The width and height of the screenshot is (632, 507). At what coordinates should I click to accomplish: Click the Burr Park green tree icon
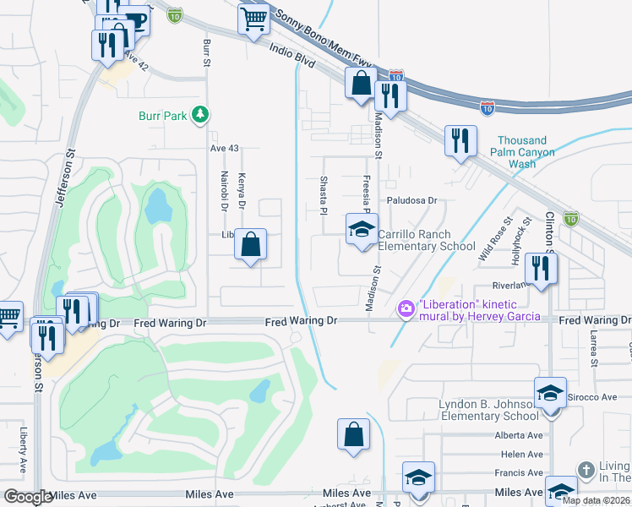click(199, 114)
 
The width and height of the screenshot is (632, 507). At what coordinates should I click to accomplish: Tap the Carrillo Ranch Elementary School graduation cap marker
click(362, 230)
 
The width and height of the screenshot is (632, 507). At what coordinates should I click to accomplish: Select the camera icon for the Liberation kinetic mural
click(406, 309)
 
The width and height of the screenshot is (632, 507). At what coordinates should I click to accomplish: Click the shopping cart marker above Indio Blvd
click(253, 19)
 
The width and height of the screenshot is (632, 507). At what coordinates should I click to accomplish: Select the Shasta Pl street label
click(323, 195)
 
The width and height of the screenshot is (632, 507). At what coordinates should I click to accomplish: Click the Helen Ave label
click(521, 455)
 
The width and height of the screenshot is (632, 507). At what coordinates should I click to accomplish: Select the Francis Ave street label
click(520, 473)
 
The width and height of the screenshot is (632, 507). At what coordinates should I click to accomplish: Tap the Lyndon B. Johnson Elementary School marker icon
click(549, 393)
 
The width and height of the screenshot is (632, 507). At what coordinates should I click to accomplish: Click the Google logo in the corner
click(27, 497)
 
